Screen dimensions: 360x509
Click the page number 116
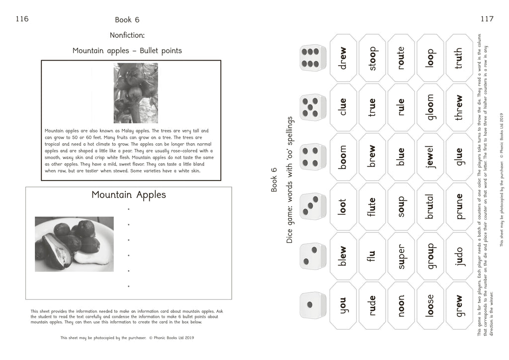(22, 19)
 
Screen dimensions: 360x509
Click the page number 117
(487, 19)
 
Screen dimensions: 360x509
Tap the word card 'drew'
(343, 58)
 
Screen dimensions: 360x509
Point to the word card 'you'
(343, 305)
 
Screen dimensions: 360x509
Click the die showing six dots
(313, 58)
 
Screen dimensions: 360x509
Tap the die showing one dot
(313, 305)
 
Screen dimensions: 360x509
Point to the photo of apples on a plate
(74, 244)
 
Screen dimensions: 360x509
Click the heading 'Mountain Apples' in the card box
(128, 195)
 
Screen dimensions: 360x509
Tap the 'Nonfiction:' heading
(127, 35)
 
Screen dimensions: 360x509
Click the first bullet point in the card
(128, 209)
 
